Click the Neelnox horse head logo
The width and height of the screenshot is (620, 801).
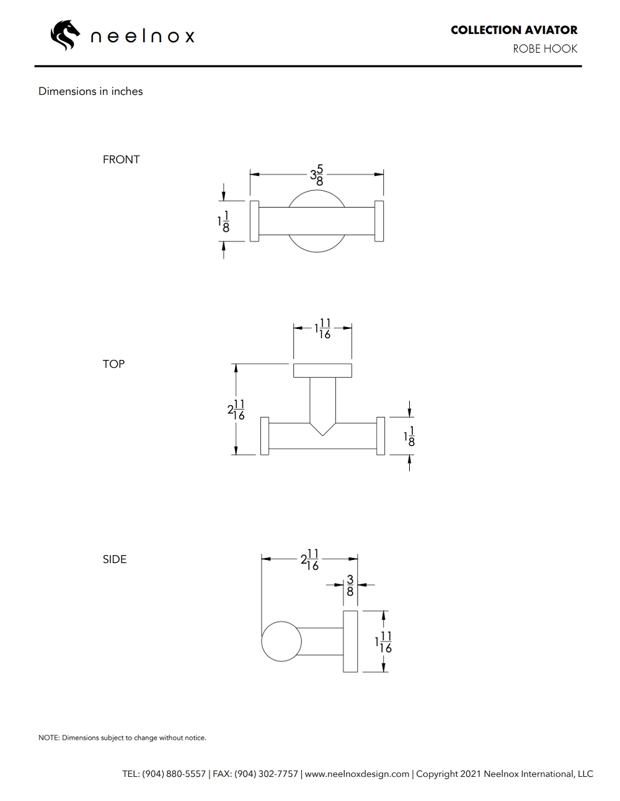(65, 35)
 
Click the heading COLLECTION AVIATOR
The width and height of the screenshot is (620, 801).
(513, 30)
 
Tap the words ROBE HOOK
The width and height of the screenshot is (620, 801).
(544, 49)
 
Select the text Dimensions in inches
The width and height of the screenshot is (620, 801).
(91, 91)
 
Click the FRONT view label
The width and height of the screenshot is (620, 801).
(121, 159)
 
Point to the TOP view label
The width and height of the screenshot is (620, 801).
(113, 364)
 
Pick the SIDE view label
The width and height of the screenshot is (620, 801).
(114, 559)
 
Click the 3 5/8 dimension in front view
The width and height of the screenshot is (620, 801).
(317, 175)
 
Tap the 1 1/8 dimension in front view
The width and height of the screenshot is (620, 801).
(224, 221)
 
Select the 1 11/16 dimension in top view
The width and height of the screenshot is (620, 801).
(322, 328)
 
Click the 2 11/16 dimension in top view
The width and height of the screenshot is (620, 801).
(236, 409)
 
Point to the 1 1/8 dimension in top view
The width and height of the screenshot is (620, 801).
(409, 436)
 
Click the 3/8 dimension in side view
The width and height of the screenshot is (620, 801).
(350, 585)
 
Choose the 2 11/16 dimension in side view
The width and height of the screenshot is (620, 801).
(309, 559)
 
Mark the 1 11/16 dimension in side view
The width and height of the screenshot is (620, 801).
(384, 642)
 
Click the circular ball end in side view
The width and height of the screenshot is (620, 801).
(281, 641)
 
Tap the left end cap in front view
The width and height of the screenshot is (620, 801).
(254, 221)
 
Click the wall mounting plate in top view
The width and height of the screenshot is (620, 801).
(322, 370)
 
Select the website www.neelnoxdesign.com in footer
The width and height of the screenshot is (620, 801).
(357, 774)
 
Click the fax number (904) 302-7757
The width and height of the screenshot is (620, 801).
(266, 774)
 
